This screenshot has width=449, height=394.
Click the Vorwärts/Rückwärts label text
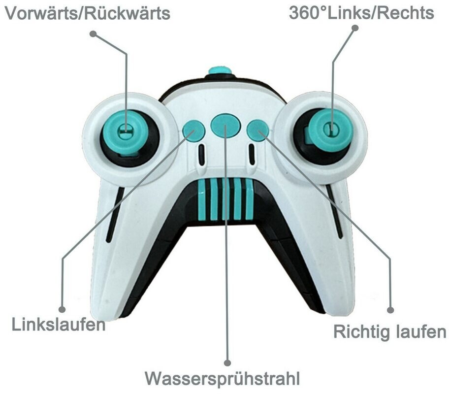point(88,13)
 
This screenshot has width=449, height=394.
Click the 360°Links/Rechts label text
point(361,13)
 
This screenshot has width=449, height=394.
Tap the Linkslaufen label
point(59,326)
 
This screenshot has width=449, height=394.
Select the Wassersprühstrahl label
point(222,379)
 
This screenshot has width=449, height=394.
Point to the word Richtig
point(361,332)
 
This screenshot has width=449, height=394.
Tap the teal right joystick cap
point(331,130)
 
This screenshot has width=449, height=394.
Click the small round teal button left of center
point(193,131)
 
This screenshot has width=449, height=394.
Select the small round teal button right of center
point(257,130)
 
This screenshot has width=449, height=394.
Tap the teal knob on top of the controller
point(220,70)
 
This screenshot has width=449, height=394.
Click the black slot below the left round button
point(201,155)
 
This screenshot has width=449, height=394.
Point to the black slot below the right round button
point(251,155)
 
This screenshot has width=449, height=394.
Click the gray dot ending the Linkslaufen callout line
point(62,309)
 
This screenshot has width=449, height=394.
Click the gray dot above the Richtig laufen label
point(390,310)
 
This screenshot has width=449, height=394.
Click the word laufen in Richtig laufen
point(420,332)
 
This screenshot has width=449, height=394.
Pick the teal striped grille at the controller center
point(225,199)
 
